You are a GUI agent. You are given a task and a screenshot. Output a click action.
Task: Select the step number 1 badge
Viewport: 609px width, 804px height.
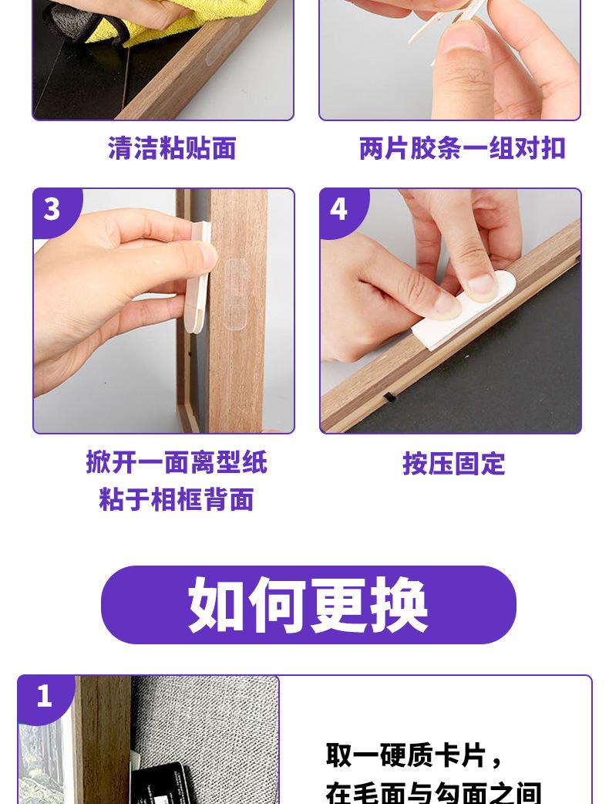(44, 698)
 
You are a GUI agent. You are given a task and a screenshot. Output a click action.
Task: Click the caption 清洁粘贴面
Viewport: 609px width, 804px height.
(172, 148)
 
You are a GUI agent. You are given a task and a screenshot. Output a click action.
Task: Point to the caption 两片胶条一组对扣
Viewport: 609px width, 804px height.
(462, 148)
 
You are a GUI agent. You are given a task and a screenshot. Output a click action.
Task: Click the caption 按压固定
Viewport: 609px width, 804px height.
(454, 464)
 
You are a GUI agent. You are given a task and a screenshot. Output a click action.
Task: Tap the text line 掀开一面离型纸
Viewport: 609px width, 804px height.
(177, 462)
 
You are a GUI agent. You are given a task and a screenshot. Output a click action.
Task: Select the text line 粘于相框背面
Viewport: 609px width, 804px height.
(177, 499)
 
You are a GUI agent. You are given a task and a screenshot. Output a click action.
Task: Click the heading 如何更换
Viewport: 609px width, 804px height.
(308, 605)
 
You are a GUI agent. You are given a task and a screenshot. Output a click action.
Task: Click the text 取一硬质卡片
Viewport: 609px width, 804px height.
(405, 755)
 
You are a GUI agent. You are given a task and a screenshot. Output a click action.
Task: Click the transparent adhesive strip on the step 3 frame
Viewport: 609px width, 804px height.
(235, 296)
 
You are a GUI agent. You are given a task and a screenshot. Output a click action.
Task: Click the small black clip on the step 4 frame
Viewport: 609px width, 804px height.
(389, 397)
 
